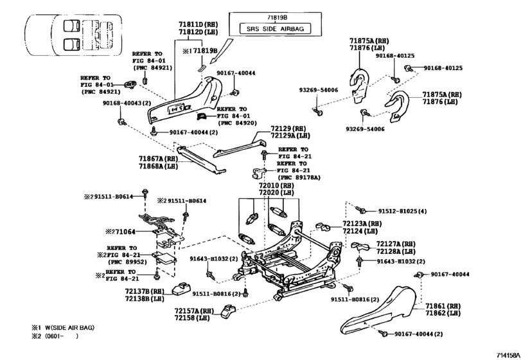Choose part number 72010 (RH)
276,185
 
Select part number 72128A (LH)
396,251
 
